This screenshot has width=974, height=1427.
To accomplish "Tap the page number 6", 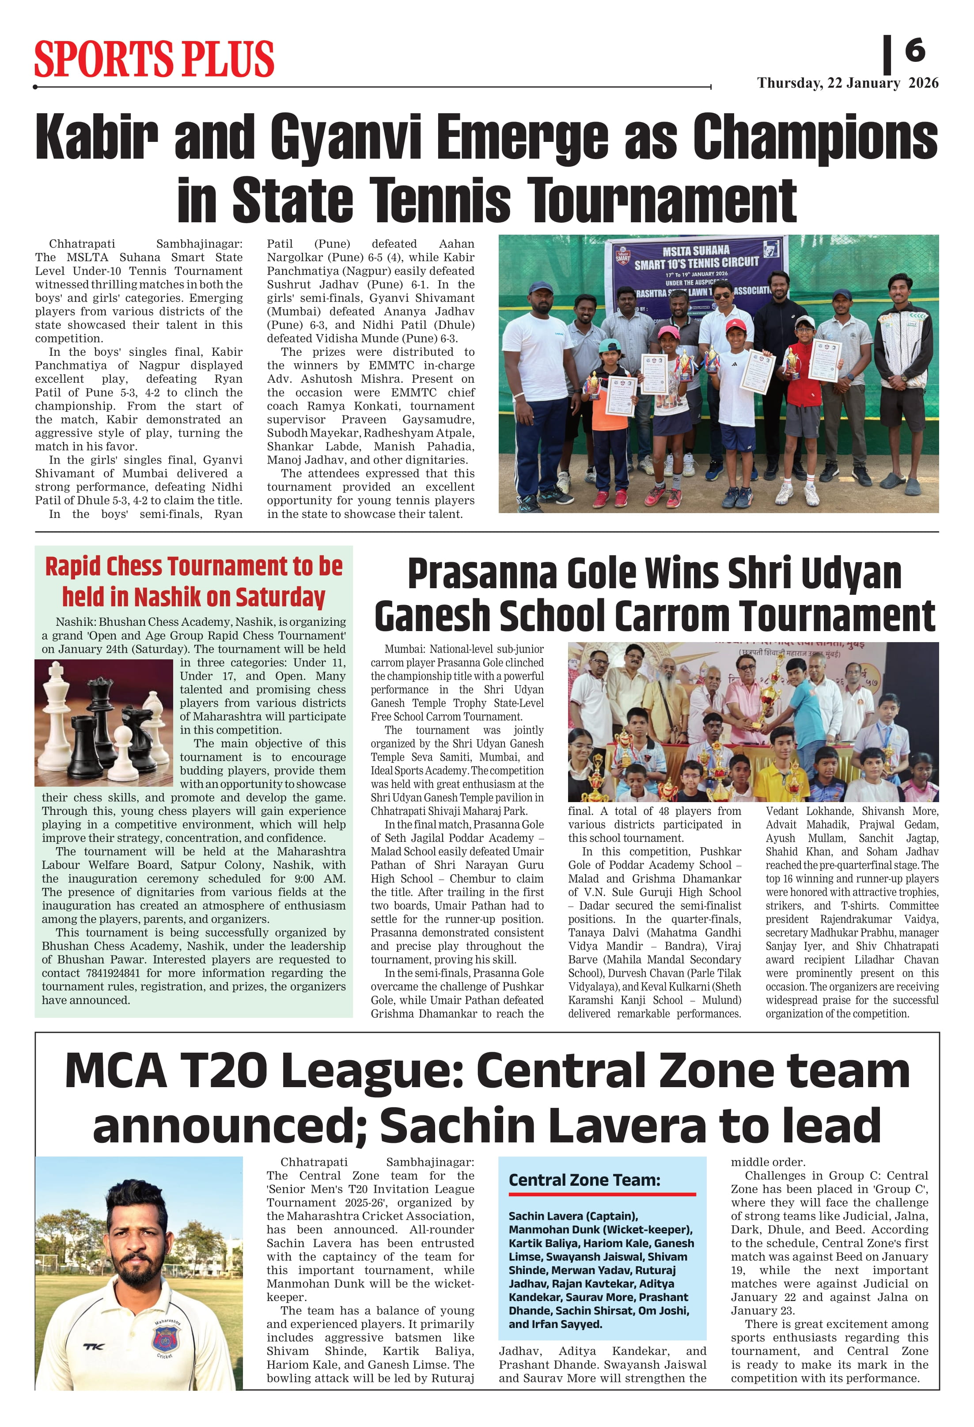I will pos(914,50).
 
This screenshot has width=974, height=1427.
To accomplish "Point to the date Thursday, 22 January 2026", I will pos(847,83).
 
